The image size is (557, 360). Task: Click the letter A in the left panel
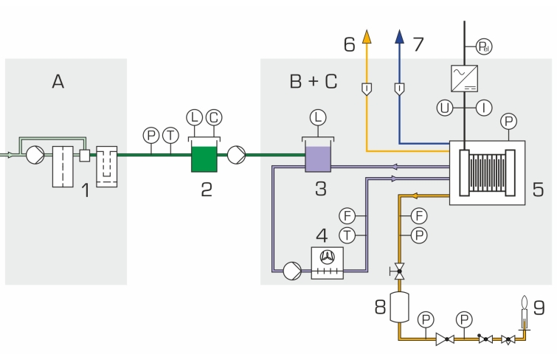point(58,81)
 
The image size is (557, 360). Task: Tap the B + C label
point(313,81)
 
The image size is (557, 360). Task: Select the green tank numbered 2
point(203,157)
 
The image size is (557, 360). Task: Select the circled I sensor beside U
point(484,108)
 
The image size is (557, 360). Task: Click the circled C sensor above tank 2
point(213,117)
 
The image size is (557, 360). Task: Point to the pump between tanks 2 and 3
point(238,155)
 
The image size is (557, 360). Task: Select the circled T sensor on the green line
point(170,135)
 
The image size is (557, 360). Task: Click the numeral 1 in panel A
point(86,191)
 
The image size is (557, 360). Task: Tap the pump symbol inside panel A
point(34,155)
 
